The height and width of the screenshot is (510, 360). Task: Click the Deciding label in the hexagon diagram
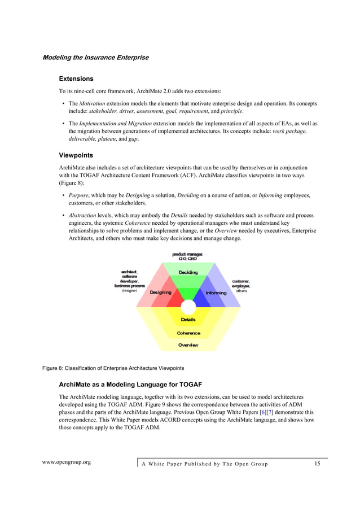(x=188, y=273)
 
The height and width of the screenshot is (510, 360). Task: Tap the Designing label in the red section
(x=160, y=293)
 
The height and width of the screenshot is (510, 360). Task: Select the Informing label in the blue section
(x=216, y=293)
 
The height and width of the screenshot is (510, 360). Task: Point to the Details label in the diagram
(x=188, y=320)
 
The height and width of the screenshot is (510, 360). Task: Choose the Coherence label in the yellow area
(x=188, y=333)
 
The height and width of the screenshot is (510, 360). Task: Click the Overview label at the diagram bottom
(x=188, y=345)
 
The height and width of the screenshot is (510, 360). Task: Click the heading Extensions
(x=76, y=79)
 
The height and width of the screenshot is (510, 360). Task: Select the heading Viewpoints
(x=76, y=155)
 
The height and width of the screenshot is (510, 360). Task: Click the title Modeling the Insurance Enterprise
(x=95, y=58)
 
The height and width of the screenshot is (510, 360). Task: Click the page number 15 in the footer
(x=317, y=464)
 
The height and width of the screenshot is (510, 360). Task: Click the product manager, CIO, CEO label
(x=188, y=256)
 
